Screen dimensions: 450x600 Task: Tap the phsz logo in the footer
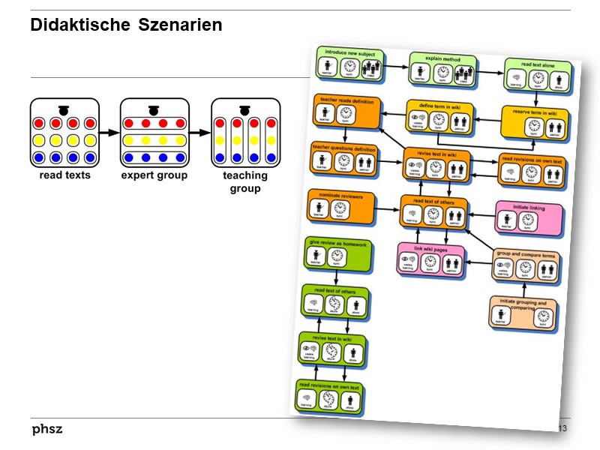click(46, 429)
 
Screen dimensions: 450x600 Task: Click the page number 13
click(562, 427)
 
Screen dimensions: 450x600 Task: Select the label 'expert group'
click(154, 175)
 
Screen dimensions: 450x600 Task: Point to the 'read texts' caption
click(64, 175)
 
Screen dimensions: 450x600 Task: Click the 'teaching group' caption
click(245, 181)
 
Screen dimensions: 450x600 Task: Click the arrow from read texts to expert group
click(109, 133)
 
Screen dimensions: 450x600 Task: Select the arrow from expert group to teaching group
click(200, 133)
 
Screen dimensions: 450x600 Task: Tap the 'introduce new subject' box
click(349, 64)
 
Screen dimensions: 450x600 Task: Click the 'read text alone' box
click(538, 75)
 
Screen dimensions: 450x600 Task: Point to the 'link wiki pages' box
click(430, 259)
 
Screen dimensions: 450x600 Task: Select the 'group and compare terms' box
click(526, 264)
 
